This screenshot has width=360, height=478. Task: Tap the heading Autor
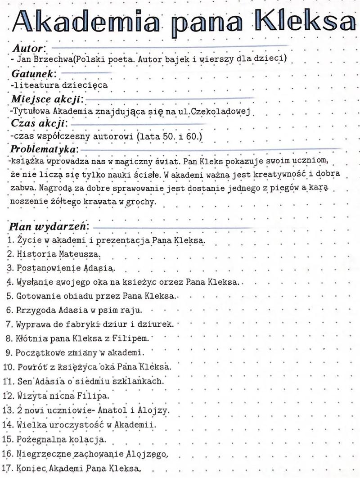pos(28,48)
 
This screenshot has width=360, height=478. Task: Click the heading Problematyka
pos(45,148)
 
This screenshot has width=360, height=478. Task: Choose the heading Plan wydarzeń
pos(48,225)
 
